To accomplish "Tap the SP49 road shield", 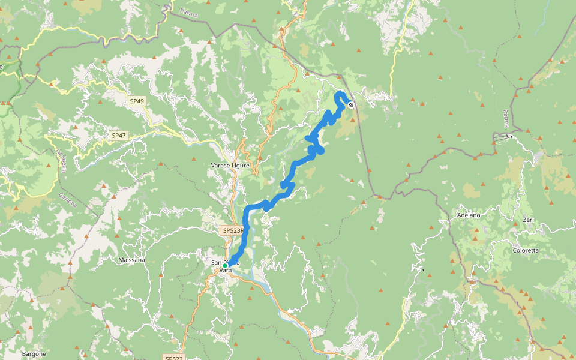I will pos(137,101).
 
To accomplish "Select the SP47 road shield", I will pos(118,136).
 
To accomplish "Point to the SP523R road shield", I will pos(233,230).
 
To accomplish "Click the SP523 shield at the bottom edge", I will pos(173,358).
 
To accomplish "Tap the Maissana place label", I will pos(133,260).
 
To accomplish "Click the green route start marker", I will pos(225,265).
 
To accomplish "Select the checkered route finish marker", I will pos(351,105).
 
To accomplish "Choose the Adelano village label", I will pos(469,214).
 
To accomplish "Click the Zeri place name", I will pos(528,220).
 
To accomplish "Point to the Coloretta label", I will pos(526,250).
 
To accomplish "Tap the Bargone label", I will pos(34,353).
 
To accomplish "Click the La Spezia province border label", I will pos(62,161).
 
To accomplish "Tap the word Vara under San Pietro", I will pos(226,271).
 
